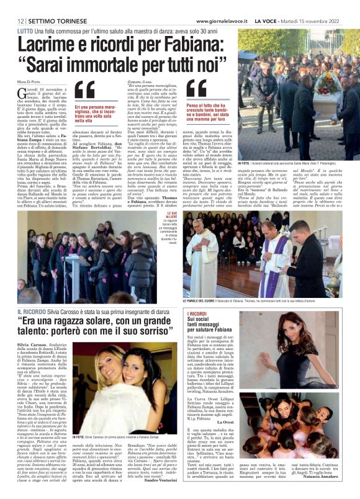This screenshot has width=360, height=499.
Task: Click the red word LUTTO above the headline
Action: point(25,30)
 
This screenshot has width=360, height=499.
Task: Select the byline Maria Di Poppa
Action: point(29,79)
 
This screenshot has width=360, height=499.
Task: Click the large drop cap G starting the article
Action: point(22,92)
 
